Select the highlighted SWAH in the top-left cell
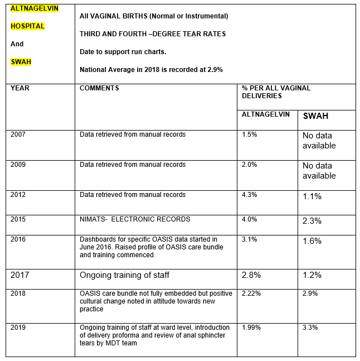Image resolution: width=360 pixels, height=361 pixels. pyautogui.click(x=21, y=62)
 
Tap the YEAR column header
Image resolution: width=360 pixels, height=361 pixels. pyautogui.click(x=20, y=88)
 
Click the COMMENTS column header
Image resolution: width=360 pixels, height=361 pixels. pyautogui.click(x=99, y=88)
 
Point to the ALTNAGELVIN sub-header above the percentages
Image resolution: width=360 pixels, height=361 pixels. pyautogui.click(x=265, y=114)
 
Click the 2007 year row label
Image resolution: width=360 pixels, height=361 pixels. pyautogui.click(x=18, y=134)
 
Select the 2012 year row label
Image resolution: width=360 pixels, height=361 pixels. pyautogui.click(x=18, y=195)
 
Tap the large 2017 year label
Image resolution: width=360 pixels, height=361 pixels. pyautogui.click(x=20, y=275)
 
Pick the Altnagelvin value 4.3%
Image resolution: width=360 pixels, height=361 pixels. pyautogui.click(x=249, y=195)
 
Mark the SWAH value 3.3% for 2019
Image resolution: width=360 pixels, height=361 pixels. pyautogui.click(x=310, y=328)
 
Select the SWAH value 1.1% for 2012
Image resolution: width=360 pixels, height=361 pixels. pyautogui.click(x=312, y=196)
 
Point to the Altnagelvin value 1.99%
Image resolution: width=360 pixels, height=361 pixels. pyautogui.click(x=251, y=328)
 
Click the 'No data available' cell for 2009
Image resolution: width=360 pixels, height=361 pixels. pyautogui.click(x=319, y=171)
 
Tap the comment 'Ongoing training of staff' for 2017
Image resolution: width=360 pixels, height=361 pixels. pyautogui.click(x=124, y=275)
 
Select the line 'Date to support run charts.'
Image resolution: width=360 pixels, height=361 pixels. pyautogui.click(x=123, y=52)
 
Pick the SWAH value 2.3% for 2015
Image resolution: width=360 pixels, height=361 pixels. pyautogui.click(x=312, y=221)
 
